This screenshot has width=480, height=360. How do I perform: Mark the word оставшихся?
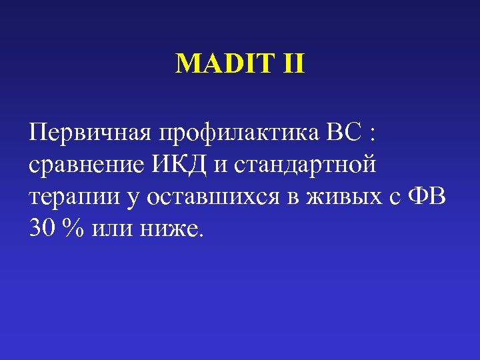click(209, 197)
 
